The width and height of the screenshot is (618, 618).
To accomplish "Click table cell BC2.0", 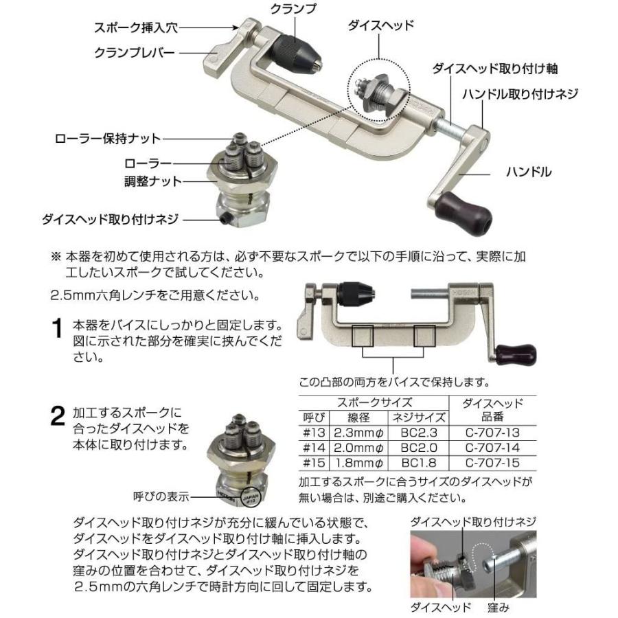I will tap(419, 448).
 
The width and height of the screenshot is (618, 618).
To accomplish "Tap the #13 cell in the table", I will tap(313, 433).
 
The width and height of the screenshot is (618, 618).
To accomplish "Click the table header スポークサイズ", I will tap(373, 402).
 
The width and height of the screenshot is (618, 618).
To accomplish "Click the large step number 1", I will tap(59, 329).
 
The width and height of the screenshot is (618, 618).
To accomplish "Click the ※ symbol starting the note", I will tap(56, 255).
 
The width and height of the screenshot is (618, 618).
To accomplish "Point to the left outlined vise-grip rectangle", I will tap(363, 336).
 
